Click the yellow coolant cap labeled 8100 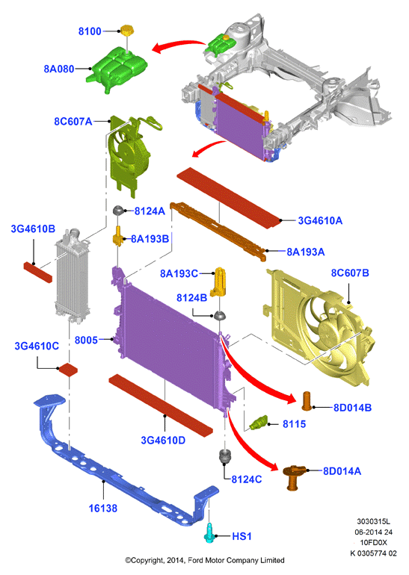[x=126, y=30]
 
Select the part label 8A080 [x=59, y=69]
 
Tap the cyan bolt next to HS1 [x=209, y=533]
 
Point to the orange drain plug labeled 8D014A [x=294, y=477]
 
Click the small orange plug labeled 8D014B [x=307, y=401]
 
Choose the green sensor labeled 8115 [x=259, y=423]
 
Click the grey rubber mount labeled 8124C [x=226, y=456]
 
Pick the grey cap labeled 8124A [x=118, y=211]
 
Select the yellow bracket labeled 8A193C [x=218, y=282]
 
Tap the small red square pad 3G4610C [x=69, y=369]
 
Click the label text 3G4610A [x=320, y=220]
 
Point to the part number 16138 [x=103, y=509]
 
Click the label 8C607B [x=350, y=273]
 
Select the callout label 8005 [x=86, y=341]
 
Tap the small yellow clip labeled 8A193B [x=118, y=237]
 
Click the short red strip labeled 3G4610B [x=38, y=272]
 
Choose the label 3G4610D [x=163, y=440]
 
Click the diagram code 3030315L [x=373, y=521]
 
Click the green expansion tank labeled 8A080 [x=117, y=69]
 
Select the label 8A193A [x=306, y=252]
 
